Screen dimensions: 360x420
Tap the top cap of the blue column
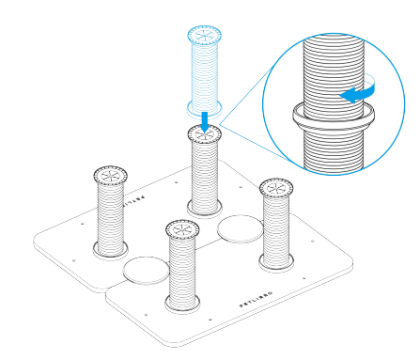(204, 34)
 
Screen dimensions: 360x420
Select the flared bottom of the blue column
(204, 103)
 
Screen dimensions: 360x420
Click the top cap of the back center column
(205, 134)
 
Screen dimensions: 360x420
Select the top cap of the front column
(183, 230)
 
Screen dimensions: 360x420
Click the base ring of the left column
(110, 249)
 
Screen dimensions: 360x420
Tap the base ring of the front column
(182, 304)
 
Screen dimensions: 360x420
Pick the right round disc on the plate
(241, 227)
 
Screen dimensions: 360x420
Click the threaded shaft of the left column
(110, 214)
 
